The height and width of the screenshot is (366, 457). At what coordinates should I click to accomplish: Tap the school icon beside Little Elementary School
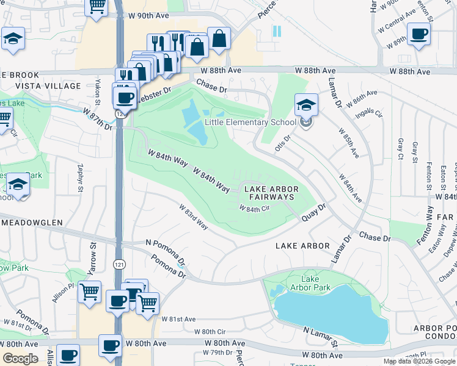(x=306, y=105)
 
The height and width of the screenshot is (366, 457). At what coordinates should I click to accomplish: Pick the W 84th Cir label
(x=254, y=209)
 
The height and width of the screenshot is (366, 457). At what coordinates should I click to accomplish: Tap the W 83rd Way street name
(x=194, y=217)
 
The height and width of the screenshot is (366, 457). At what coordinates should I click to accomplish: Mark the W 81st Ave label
(x=178, y=319)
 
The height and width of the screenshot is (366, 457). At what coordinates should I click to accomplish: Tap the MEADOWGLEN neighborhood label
(x=32, y=223)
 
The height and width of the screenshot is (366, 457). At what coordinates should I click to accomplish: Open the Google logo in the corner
(x=20, y=358)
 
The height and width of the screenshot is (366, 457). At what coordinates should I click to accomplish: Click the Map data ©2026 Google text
(x=419, y=361)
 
